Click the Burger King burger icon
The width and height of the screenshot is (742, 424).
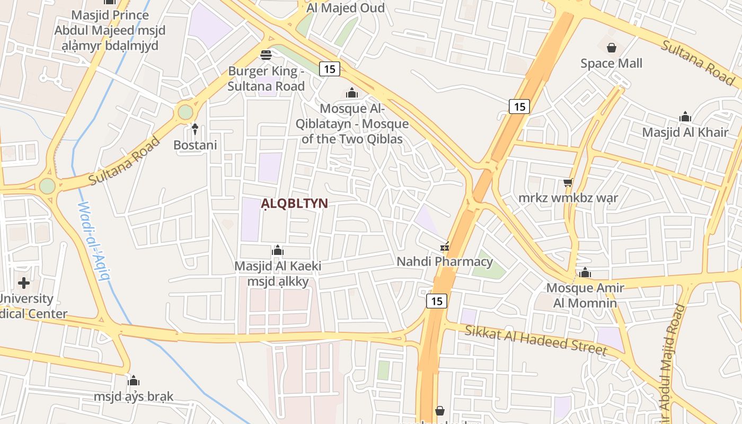(266, 55)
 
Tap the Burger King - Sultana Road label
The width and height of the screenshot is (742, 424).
(266, 78)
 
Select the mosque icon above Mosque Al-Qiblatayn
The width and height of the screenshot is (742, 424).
(352, 93)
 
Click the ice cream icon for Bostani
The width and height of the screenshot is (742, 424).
(195, 129)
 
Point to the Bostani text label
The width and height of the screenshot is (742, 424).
(195, 145)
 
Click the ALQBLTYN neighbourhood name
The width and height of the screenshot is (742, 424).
(294, 204)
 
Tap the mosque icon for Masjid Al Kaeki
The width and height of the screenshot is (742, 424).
(278, 250)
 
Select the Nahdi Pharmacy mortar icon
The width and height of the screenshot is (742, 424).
(445, 246)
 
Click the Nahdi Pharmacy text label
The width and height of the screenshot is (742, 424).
(445, 261)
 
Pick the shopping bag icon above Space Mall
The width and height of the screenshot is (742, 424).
(612, 48)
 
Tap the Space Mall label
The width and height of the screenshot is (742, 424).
(611, 64)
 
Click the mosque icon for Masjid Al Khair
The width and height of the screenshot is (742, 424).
(685, 117)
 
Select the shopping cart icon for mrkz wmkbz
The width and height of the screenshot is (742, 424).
(568, 183)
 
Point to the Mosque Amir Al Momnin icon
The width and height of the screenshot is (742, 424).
(585, 272)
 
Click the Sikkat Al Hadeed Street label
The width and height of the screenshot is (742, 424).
(535, 340)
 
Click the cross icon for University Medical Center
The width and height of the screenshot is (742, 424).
(24, 282)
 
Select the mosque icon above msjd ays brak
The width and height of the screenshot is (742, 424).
(134, 381)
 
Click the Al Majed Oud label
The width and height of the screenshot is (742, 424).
(346, 7)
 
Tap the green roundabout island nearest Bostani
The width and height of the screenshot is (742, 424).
(185, 112)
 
